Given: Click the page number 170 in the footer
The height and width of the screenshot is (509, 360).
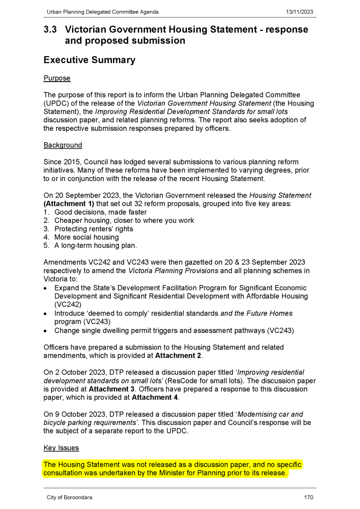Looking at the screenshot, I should [x=308, y=498].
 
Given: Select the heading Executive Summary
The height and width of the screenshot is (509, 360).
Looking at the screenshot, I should [x=90, y=60].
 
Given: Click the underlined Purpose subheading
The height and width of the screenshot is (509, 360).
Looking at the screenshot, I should [x=57, y=78].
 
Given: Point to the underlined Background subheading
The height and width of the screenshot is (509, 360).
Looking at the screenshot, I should [x=63, y=145].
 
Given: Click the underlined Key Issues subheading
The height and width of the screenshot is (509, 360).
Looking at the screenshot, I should [x=61, y=448].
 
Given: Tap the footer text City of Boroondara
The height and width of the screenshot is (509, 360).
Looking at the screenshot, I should [x=69, y=498].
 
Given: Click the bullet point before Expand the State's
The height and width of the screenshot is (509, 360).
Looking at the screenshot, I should [x=46, y=288].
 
